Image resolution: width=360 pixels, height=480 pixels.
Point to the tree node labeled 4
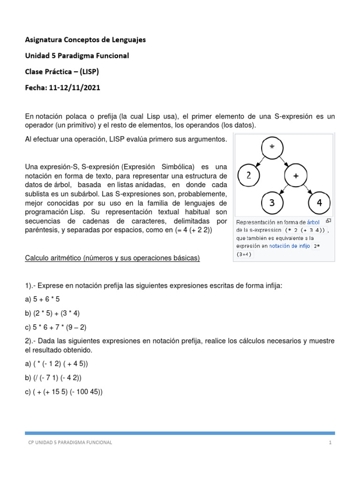coord(320,204)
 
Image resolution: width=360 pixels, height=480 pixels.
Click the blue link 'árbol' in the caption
coord(314,222)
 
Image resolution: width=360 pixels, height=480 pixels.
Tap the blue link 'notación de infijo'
coord(289,246)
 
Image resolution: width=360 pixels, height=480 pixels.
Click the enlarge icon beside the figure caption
coord(329,221)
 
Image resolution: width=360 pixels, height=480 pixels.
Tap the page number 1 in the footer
coord(330,443)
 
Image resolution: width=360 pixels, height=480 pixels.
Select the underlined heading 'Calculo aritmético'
coord(112,258)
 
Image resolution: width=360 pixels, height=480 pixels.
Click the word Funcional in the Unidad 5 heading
coord(112,56)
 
